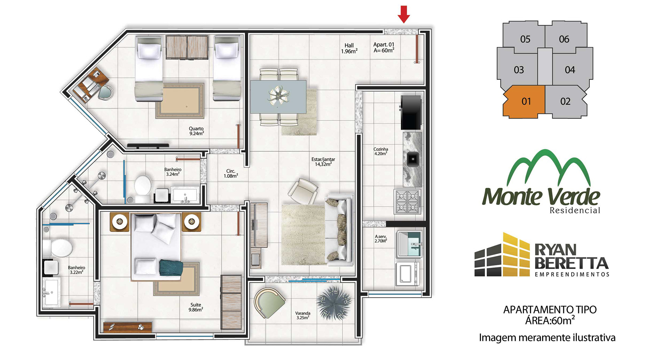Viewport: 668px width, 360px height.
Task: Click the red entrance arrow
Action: click(x=404, y=14)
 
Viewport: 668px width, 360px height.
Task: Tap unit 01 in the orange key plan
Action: click(x=526, y=101)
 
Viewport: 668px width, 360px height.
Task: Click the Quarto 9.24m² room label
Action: click(x=197, y=131)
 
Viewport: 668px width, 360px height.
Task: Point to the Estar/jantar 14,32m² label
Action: click(x=323, y=162)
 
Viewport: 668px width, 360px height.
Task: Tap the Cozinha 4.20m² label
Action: click(x=381, y=151)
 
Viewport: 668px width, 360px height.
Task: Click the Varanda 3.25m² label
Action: click(x=303, y=315)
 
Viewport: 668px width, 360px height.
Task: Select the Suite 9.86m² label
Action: click(x=196, y=307)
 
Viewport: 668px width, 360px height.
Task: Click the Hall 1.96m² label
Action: click(x=349, y=48)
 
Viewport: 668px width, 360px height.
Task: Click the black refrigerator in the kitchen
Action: click(x=412, y=112)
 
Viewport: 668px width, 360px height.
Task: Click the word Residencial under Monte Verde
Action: click(x=575, y=210)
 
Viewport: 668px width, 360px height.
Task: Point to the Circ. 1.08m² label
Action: click(x=231, y=174)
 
